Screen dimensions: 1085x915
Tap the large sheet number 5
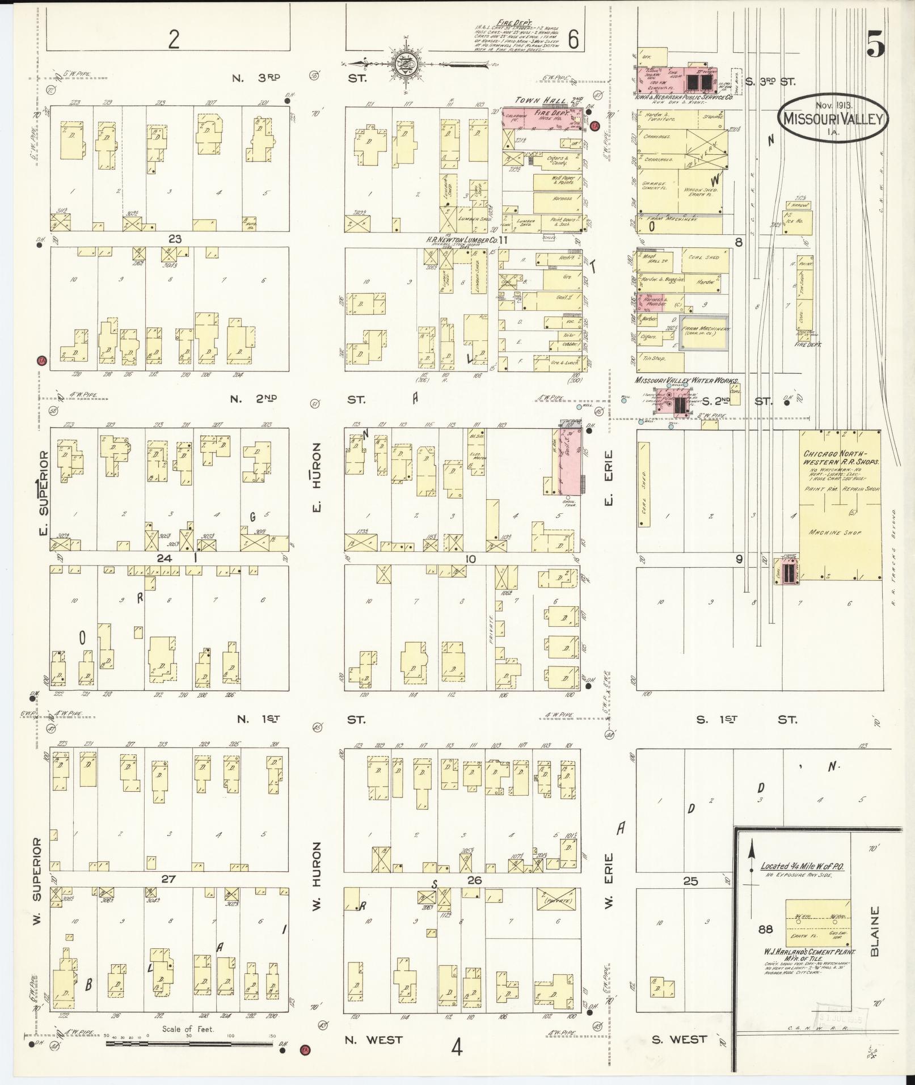(875, 45)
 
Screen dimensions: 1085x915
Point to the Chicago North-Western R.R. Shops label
(841, 458)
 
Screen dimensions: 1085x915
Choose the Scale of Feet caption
(188, 1028)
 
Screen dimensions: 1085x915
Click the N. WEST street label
(374, 1040)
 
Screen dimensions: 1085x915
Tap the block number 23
(174, 239)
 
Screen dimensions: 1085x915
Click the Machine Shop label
(835, 533)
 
